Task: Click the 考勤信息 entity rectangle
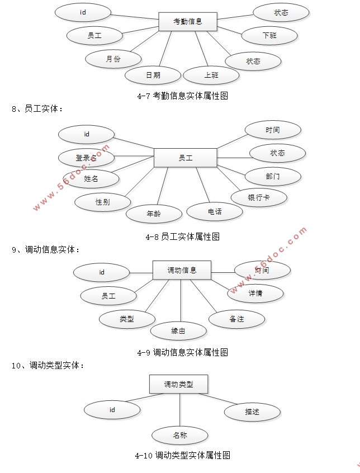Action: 187,22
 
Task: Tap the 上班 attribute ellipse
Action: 211,75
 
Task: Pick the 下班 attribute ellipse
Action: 269,36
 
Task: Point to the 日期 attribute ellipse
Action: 153,75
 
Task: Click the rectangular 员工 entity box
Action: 185,158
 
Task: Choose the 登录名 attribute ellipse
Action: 87,158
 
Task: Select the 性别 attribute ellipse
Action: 102,202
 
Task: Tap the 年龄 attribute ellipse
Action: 154,213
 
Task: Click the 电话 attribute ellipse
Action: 215,211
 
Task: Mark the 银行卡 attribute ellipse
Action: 259,197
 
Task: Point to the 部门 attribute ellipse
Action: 273,177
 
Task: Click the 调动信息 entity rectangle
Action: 182,270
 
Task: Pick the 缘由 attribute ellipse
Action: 178,331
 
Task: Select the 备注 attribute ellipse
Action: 236,319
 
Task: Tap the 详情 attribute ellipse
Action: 255,293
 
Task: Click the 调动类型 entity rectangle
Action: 178,384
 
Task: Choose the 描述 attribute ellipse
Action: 252,412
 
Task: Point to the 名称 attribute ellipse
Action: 179,435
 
